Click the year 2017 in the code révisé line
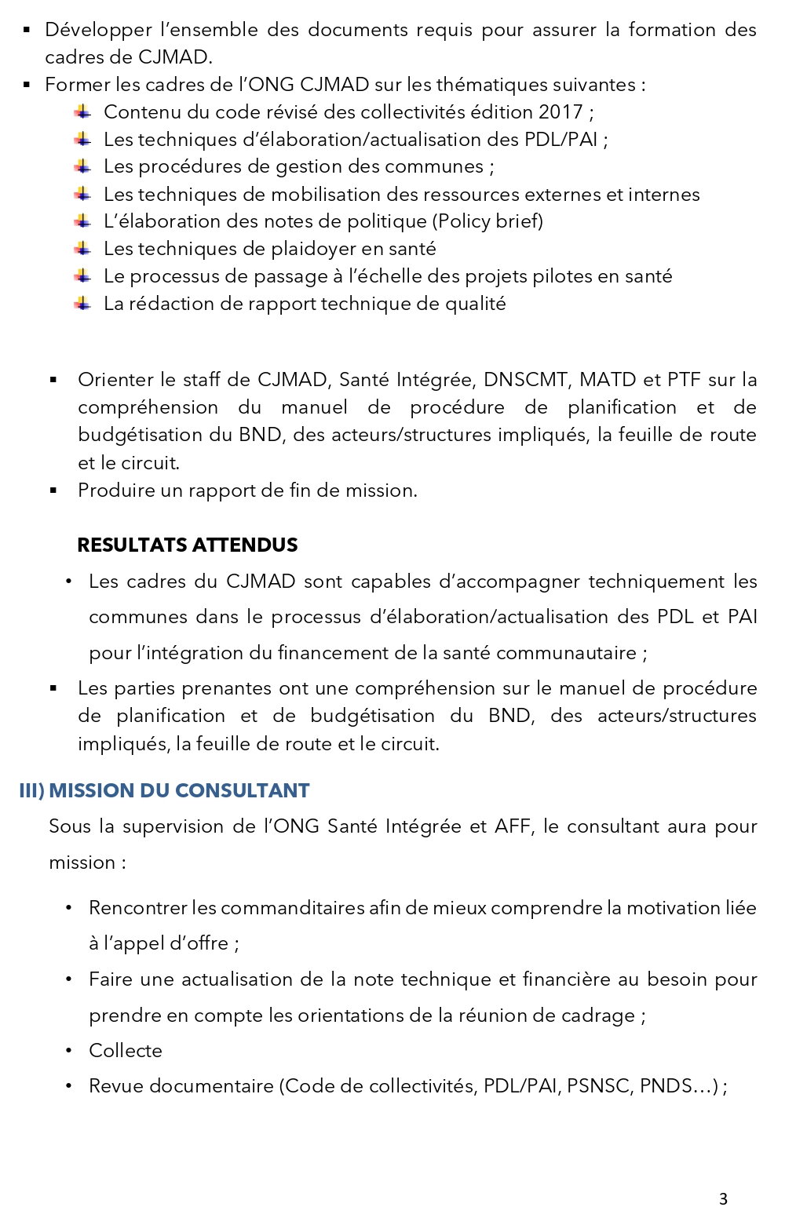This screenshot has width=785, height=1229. pyautogui.click(x=560, y=112)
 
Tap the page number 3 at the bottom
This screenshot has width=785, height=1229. pyautogui.click(x=723, y=1198)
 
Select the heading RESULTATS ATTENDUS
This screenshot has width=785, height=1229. pyautogui.click(x=188, y=545)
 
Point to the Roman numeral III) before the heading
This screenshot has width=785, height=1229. pyautogui.click(x=31, y=790)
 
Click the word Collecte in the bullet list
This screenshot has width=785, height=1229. pyautogui.click(x=126, y=1051)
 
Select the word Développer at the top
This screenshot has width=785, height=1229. pyautogui.click(x=98, y=30)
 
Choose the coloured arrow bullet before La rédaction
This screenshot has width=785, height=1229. pyautogui.click(x=82, y=303)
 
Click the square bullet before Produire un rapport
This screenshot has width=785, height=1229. pyautogui.click(x=53, y=491)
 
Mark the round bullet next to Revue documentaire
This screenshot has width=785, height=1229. pyautogui.click(x=70, y=1086)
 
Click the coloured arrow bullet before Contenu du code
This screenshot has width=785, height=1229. pyautogui.click(x=82, y=111)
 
